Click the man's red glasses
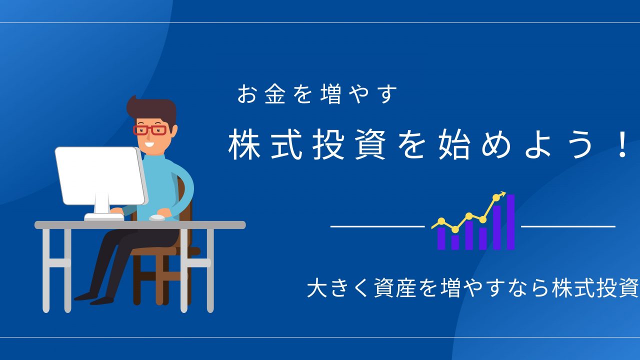150,130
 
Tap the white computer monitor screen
100,175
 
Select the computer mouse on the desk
157,217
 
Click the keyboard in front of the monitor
104,217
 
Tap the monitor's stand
102,203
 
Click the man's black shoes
94,298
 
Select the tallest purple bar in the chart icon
510,222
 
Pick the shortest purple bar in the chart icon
455,242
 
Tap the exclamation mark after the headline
621,147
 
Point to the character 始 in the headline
454,144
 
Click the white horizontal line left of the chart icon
377,226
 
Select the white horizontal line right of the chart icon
568,226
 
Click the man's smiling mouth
149,143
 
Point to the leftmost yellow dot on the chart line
441,221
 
